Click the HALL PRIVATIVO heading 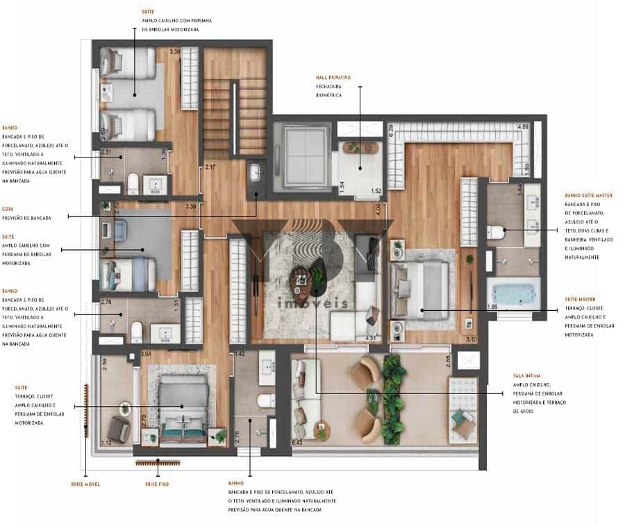(x=333, y=77)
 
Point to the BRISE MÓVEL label (x=85, y=484)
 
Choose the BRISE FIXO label (x=156, y=484)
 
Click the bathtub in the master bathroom (x=514, y=294)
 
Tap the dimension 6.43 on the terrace (x=297, y=442)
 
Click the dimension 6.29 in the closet (x=391, y=128)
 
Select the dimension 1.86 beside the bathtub (x=492, y=306)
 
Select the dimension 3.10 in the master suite (x=472, y=339)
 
